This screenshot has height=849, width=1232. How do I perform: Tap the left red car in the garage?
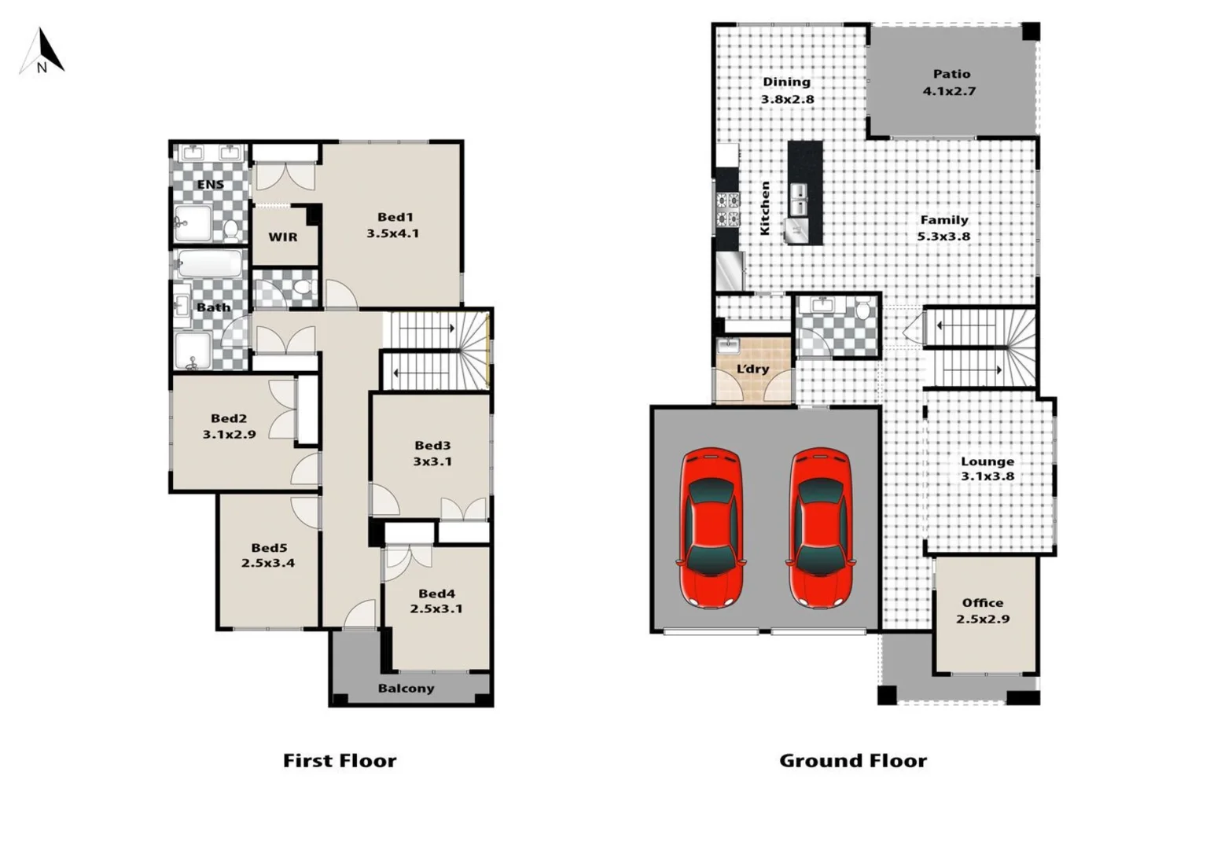(x=711, y=527)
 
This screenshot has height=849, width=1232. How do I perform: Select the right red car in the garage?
(x=820, y=527)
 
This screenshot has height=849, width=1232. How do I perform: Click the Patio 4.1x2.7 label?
(x=951, y=83)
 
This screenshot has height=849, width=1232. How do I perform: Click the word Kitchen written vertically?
(x=765, y=208)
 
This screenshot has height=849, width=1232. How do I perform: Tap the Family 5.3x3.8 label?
(x=943, y=228)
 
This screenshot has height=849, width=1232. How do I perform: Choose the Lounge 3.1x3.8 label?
(x=987, y=469)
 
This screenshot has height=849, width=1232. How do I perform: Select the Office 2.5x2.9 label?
(x=983, y=611)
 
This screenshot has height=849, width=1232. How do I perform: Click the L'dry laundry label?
(x=752, y=369)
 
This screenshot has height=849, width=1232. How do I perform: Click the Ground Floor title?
(x=852, y=760)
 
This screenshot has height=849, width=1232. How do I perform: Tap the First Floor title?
(x=340, y=760)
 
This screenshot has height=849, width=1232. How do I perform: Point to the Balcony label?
(x=406, y=689)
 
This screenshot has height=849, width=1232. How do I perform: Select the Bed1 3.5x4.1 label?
(x=393, y=225)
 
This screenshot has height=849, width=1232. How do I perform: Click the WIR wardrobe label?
(x=283, y=237)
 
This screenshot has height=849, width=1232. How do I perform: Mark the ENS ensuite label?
(x=210, y=185)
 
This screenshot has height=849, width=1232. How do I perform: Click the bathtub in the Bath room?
(x=209, y=264)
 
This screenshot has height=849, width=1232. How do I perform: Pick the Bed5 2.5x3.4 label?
(x=268, y=555)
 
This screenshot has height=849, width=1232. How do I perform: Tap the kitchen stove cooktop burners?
(x=727, y=209)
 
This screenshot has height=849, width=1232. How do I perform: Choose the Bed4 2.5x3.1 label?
(x=436, y=601)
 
